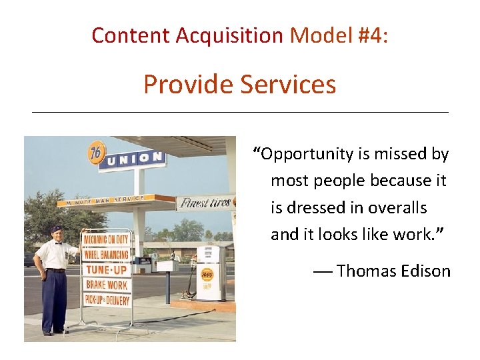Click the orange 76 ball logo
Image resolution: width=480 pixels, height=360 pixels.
(97, 153)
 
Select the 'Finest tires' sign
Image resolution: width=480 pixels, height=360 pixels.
(205, 202)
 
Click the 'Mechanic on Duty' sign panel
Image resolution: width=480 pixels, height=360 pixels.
(107, 239)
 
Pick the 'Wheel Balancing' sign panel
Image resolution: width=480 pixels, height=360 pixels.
(107, 254)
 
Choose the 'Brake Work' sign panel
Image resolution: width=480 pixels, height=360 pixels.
(107, 284)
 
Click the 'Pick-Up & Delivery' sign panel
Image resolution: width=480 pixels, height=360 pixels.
(107, 299)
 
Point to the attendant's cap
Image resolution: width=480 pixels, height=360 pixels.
(56, 229)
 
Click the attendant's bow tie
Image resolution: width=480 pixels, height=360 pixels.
(58, 243)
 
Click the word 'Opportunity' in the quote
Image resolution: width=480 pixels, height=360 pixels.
(306, 155)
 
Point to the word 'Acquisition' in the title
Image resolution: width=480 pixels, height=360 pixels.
(229, 35)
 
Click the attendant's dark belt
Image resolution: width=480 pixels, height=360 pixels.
(55, 270)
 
